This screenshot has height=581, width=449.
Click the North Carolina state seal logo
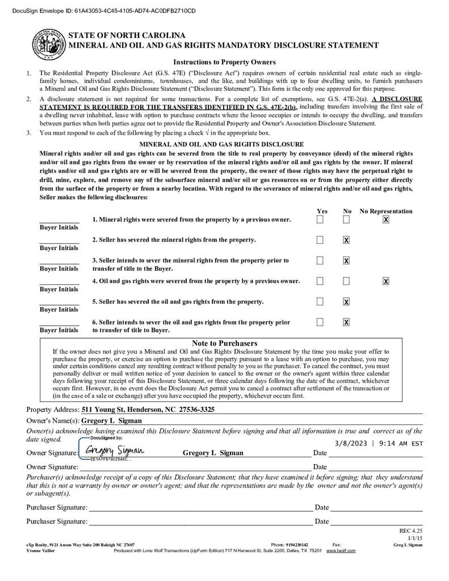(49, 43)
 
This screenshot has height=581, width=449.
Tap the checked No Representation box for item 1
(386, 220)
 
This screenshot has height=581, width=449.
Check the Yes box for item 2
(320, 240)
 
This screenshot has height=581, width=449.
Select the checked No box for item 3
(346, 260)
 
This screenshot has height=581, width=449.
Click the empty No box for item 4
(346, 281)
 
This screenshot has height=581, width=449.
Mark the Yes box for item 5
(320, 301)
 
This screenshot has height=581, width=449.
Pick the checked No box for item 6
(346, 322)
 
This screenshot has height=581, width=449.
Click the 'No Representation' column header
(386, 211)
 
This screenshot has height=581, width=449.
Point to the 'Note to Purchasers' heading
(224, 343)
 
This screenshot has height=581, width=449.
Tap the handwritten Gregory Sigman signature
(114, 451)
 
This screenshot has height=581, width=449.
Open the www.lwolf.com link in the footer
(341, 550)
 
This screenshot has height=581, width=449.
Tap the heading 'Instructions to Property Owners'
(224, 62)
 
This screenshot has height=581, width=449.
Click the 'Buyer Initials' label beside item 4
(59, 289)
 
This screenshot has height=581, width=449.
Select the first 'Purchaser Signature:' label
(57, 507)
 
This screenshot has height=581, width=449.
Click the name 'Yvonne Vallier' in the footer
(41, 550)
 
